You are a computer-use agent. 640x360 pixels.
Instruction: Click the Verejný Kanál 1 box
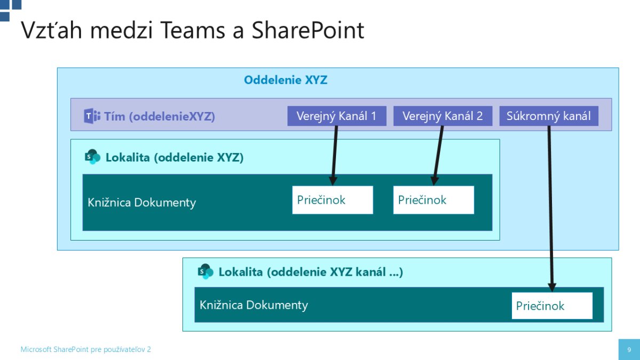[x=337, y=116]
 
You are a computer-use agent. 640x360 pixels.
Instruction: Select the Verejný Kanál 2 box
[x=442, y=116]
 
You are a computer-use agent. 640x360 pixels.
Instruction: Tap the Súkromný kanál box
[x=548, y=116]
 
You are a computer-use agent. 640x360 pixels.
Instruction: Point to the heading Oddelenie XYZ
[x=285, y=81]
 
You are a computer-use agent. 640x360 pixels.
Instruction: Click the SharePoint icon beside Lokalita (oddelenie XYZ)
[x=93, y=157]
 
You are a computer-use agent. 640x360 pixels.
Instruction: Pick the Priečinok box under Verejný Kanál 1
[x=332, y=200]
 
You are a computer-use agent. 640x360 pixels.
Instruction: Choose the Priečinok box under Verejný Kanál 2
[x=433, y=200]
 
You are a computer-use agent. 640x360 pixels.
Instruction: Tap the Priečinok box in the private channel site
[x=551, y=306]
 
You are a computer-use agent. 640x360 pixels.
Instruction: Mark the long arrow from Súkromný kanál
[x=550, y=208]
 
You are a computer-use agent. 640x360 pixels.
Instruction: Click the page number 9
[x=629, y=350]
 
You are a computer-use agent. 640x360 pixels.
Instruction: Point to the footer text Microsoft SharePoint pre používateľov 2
[x=86, y=349]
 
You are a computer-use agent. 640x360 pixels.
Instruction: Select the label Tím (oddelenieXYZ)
[x=159, y=116]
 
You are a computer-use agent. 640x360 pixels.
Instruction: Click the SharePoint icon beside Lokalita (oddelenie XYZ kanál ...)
[x=205, y=271]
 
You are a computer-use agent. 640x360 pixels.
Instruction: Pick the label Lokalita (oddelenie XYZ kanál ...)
[x=310, y=272]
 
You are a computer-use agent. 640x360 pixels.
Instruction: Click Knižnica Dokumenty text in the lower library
[x=254, y=305]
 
